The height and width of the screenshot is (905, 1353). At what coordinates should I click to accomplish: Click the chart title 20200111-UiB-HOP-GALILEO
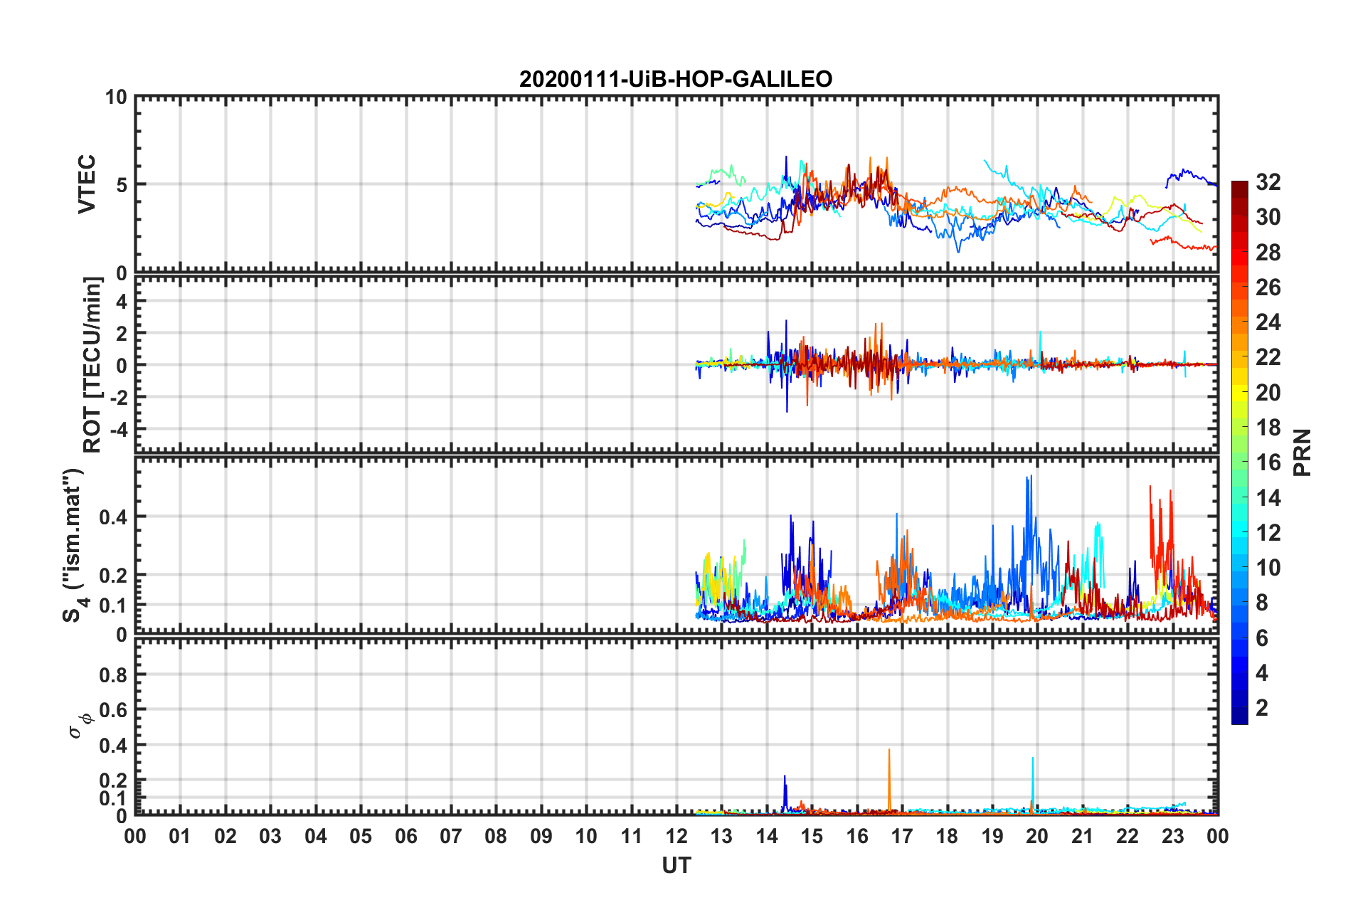point(676,79)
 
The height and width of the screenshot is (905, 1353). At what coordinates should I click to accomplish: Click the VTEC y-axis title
point(87,184)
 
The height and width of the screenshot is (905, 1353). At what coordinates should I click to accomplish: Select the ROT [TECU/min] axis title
point(92,364)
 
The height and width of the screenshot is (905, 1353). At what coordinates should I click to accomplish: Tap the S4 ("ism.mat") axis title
point(75,545)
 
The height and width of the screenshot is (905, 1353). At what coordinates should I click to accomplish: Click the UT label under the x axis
point(676,865)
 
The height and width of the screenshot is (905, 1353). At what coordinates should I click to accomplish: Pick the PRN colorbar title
point(1302,452)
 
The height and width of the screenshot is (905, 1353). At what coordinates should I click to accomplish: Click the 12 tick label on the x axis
point(676,836)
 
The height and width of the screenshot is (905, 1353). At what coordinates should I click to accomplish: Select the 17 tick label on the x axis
point(901,836)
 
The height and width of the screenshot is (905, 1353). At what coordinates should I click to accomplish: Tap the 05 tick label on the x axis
point(361,836)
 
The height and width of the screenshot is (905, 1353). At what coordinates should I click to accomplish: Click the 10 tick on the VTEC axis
point(116,97)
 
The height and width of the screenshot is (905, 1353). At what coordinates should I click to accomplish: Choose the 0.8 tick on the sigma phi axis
point(114,674)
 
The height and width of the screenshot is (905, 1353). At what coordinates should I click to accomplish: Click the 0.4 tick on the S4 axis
point(114,517)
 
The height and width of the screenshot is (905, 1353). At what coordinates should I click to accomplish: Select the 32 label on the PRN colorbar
point(1268,182)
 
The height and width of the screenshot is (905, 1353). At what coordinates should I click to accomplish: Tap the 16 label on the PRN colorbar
point(1268,462)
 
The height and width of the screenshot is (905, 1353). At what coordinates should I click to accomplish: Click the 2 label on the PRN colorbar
point(1262,707)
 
